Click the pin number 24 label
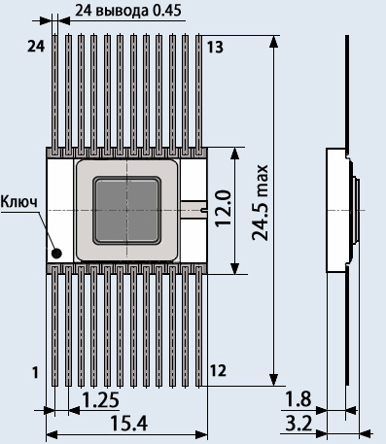tap(36, 47)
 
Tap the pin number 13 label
tap(215, 48)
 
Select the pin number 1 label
tap(35, 372)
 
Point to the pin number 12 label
tap(218, 371)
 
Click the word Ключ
tap(19, 201)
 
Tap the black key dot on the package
tap(56, 254)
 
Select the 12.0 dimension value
tap(224, 208)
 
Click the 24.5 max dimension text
tap(260, 202)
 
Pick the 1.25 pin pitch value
tap(100, 399)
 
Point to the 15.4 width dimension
tap(129, 424)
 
